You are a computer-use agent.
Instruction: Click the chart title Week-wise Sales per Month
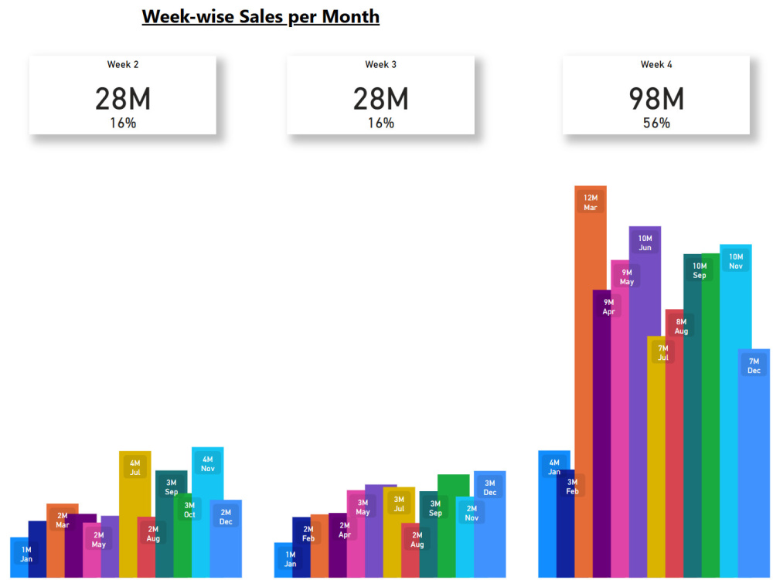coord(261,16)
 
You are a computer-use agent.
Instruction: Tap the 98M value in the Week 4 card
coord(656,99)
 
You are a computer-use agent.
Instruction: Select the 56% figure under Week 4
coord(656,123)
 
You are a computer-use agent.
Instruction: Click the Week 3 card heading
coord(380,65)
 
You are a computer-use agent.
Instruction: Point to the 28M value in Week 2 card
coord(122,99)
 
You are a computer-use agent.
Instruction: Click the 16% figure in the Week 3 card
coord(380,123)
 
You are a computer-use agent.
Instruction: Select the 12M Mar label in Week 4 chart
coord(590,202)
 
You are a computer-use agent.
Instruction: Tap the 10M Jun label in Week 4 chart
coord(645,243)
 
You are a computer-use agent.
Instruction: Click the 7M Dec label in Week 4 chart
coord(754,366)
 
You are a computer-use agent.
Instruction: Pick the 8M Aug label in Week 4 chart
coord(680,327)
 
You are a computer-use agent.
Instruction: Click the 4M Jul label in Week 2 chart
coord(135,468)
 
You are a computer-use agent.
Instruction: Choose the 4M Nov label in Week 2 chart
coord(207,464)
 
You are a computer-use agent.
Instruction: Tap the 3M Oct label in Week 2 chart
coord(189,510)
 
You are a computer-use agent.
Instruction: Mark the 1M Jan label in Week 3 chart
coord(290,559)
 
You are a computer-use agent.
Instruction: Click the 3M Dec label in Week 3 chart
coord(489,488)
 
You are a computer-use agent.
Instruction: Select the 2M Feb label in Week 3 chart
coord(308,534)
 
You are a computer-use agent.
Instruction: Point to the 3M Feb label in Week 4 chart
coord(572,487)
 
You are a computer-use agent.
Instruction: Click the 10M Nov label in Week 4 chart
coord(735,262)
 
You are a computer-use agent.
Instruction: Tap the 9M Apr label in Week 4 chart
coord(608,307)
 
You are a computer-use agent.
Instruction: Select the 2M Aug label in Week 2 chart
coord(153,534)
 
